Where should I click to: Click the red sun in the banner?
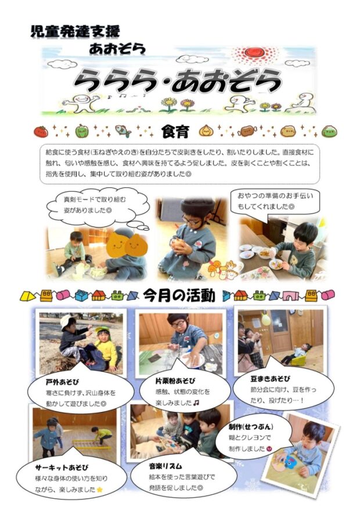click(254, 52)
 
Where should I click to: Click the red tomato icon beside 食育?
click(41, 132)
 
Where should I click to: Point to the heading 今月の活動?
click(179, 296)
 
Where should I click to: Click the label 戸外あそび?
click(62, 382)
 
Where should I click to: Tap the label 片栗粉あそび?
click(175, 381)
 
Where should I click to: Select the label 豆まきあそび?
click(271, 379)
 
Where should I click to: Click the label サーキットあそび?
click(62, 467)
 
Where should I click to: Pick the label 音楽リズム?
click(165, 466)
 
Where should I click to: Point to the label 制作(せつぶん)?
click(251, 427)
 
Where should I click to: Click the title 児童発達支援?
click(75, 31)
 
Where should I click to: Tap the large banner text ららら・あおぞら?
click(177, 80)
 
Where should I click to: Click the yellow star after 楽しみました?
click(99, 489)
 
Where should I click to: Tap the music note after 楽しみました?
click(196, 403)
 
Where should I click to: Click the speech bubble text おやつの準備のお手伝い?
click(275, 196)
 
